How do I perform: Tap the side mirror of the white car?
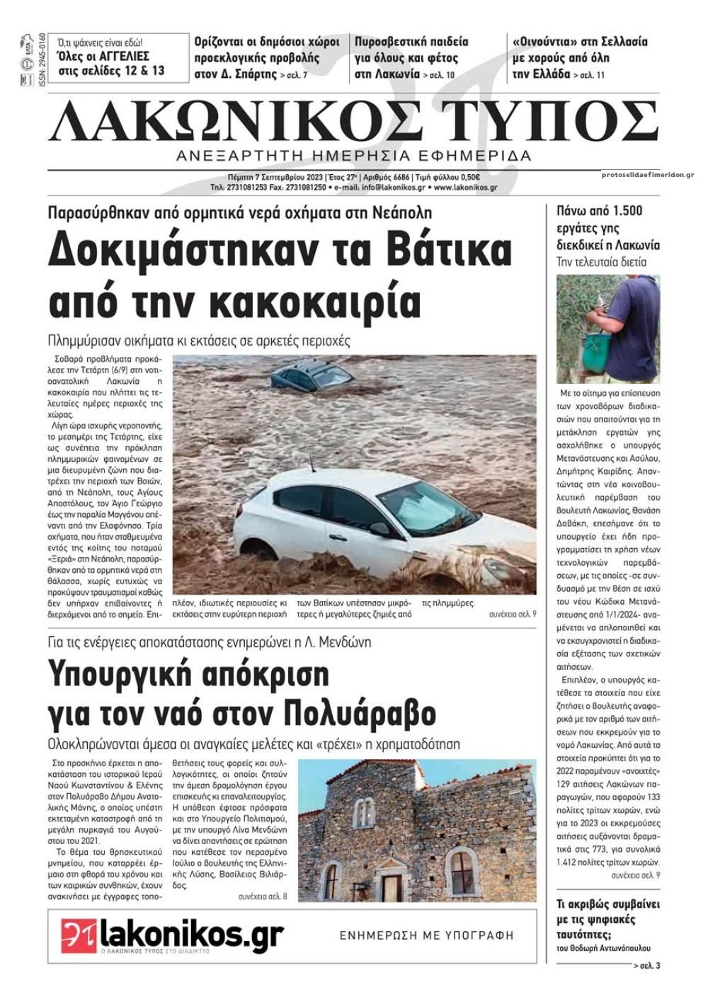(380, 528)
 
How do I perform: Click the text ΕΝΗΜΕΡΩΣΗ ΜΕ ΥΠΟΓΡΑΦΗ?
(426, 935)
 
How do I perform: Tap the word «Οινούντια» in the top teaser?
(544, 42)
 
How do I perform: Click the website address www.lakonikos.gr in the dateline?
(465, 188)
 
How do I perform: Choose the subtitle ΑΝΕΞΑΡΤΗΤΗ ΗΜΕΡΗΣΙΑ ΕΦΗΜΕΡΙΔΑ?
(354, 156)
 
